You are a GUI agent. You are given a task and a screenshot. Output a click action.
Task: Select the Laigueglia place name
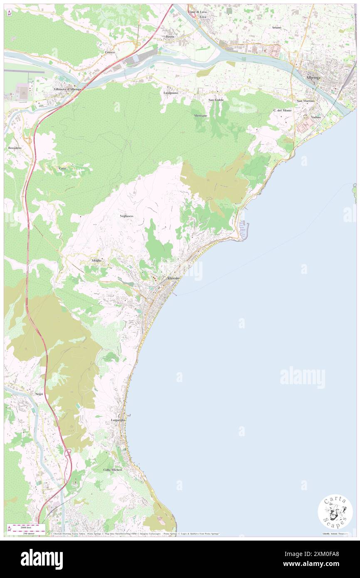118,420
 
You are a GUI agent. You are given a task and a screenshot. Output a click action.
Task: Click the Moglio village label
96,260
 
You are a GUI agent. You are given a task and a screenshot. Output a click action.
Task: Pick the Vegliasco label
126,216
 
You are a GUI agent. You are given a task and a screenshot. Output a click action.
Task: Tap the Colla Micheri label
113,469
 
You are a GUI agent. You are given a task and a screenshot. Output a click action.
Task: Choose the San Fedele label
216,100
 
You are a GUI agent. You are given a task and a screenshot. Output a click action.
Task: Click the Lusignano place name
171,93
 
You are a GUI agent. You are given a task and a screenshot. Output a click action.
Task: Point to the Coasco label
110,52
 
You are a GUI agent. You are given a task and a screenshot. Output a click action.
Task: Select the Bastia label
170,37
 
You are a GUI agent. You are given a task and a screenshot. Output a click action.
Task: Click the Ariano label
277,27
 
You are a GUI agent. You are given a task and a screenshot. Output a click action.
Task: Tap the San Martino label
306,101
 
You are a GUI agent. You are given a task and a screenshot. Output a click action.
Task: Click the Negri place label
39,393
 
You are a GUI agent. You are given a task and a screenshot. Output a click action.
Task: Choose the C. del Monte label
283,110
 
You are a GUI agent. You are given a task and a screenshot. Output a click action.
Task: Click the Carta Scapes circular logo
335,511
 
